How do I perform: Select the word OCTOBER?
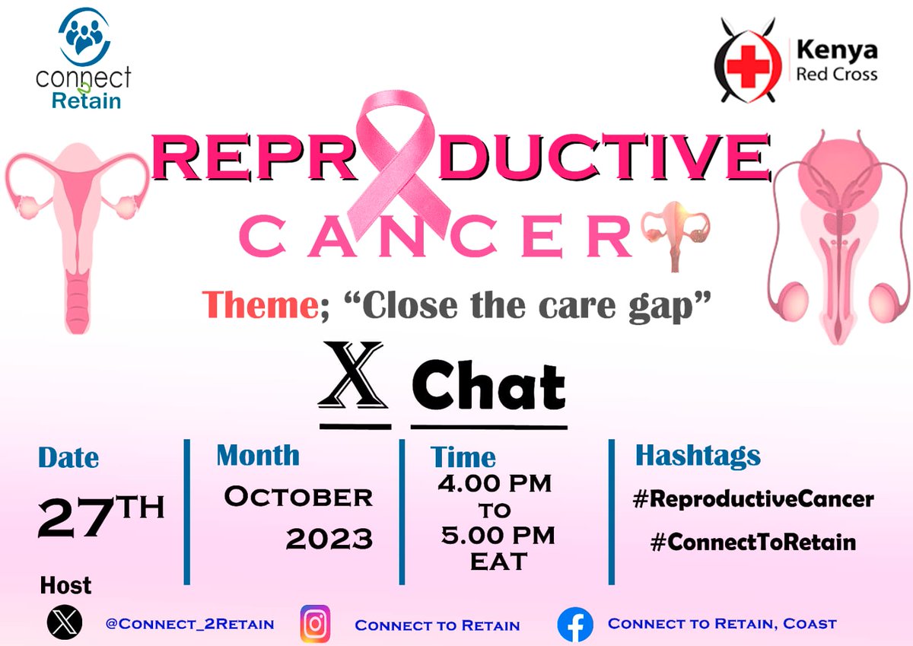297,497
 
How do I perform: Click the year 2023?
329,539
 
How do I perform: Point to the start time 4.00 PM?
495,483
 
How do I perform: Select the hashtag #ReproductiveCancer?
753,500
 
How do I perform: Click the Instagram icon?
314,624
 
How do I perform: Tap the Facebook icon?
575,625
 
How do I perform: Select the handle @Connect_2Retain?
189,625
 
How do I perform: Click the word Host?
65,585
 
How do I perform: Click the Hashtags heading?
698,455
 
